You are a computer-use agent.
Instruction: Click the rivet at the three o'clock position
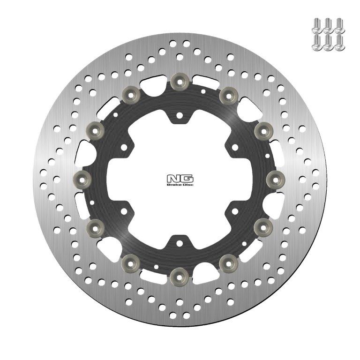276,177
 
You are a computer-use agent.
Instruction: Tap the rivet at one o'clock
228,95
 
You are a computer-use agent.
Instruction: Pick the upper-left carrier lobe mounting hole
124,146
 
